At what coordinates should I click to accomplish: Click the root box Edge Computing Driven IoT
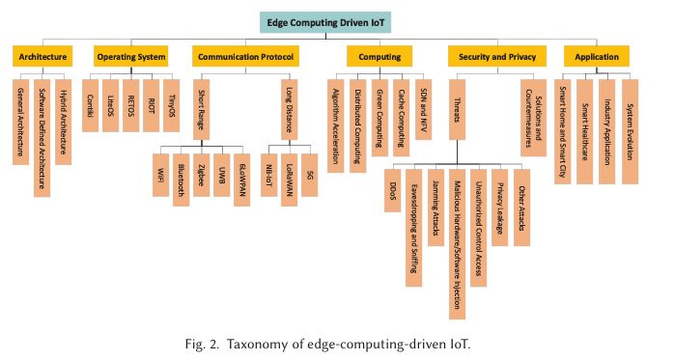point(337,22)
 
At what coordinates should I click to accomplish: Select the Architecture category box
point(42,57)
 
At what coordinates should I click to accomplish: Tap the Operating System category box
point(130,57)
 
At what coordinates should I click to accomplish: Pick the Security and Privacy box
point(491,57)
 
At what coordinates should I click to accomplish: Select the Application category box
point(596,57)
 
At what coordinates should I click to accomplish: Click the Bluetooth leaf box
point(181,178)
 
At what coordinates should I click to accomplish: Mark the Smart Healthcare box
point(585,130)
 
